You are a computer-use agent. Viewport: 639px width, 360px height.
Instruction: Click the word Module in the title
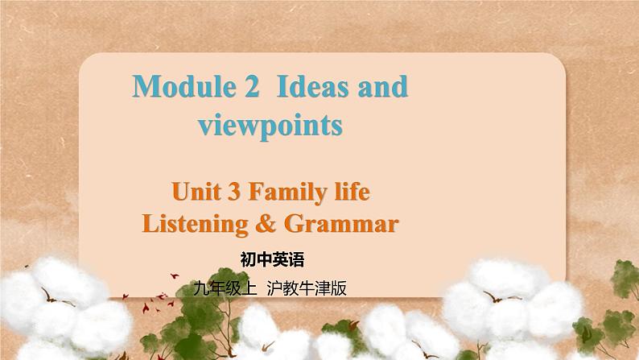[178, 87]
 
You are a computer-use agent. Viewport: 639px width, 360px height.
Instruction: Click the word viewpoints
[270, 125]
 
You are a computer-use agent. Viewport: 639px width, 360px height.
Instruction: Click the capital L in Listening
[148, 223]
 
